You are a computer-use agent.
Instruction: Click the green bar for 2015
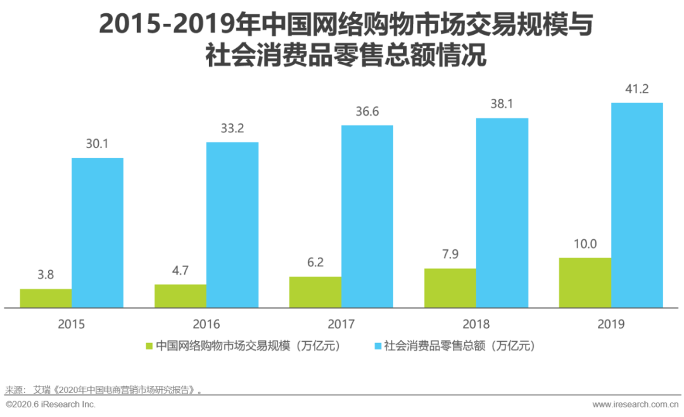[46, 298]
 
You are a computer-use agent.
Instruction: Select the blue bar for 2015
[98, 233]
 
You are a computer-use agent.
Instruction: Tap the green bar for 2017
[315, 292]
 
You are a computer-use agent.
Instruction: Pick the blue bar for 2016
[232, 225]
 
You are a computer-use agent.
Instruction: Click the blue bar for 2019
[636, 205]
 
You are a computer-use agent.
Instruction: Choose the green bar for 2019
[585, 283]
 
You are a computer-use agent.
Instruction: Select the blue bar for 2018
[502, 213]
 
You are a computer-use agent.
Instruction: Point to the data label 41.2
[636, 89]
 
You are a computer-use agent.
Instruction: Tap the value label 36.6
[367, 111]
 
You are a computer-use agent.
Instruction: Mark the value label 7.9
[450, 254]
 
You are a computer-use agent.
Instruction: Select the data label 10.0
[585, 244]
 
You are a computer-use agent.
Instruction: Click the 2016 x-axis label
[206, 324]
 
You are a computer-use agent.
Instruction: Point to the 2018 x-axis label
[476, 324]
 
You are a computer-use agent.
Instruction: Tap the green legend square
[149, 346]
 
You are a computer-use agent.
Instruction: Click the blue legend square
[378, 346]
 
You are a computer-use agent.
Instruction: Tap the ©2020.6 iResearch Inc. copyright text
[51, 404]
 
